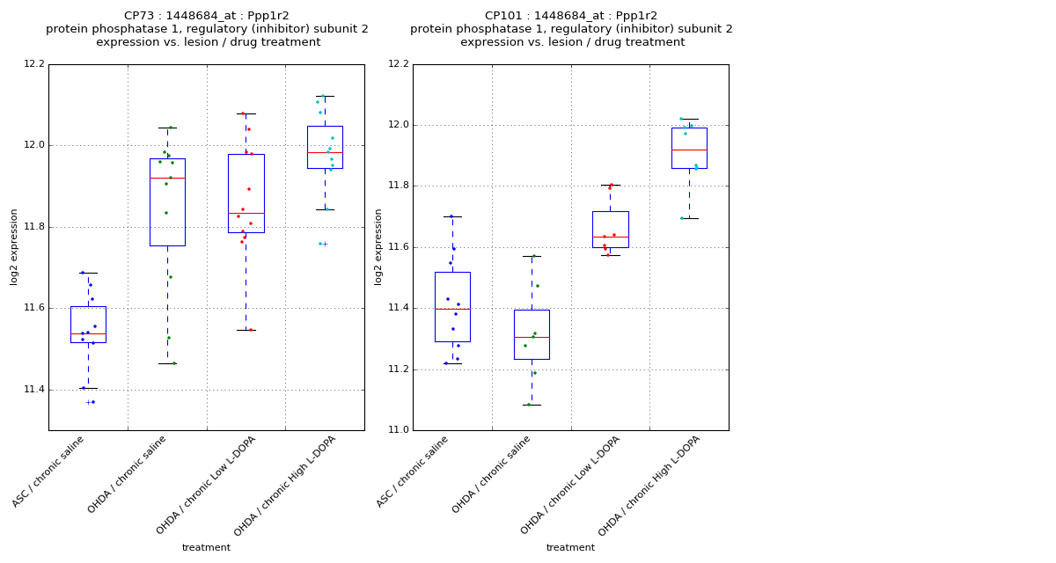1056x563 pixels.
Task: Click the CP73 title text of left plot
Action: point(207,16)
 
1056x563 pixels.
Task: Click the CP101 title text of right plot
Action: point(571,16)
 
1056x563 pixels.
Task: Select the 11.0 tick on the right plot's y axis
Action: point(398,430)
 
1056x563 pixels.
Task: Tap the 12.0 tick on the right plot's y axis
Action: point(398,125)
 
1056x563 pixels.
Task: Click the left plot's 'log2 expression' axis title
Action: point(15,246)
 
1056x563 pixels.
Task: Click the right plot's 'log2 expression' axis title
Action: point(379,246)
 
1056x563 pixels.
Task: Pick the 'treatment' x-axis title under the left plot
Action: point(206,547)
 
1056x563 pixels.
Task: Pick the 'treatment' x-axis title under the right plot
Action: point(570,547)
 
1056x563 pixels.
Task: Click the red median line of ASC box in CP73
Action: point(88,334)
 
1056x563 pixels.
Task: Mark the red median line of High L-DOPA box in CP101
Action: point(689,150)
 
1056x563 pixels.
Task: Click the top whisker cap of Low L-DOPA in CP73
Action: point(246,113)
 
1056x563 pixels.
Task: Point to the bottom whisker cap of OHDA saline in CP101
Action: point(532,405)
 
